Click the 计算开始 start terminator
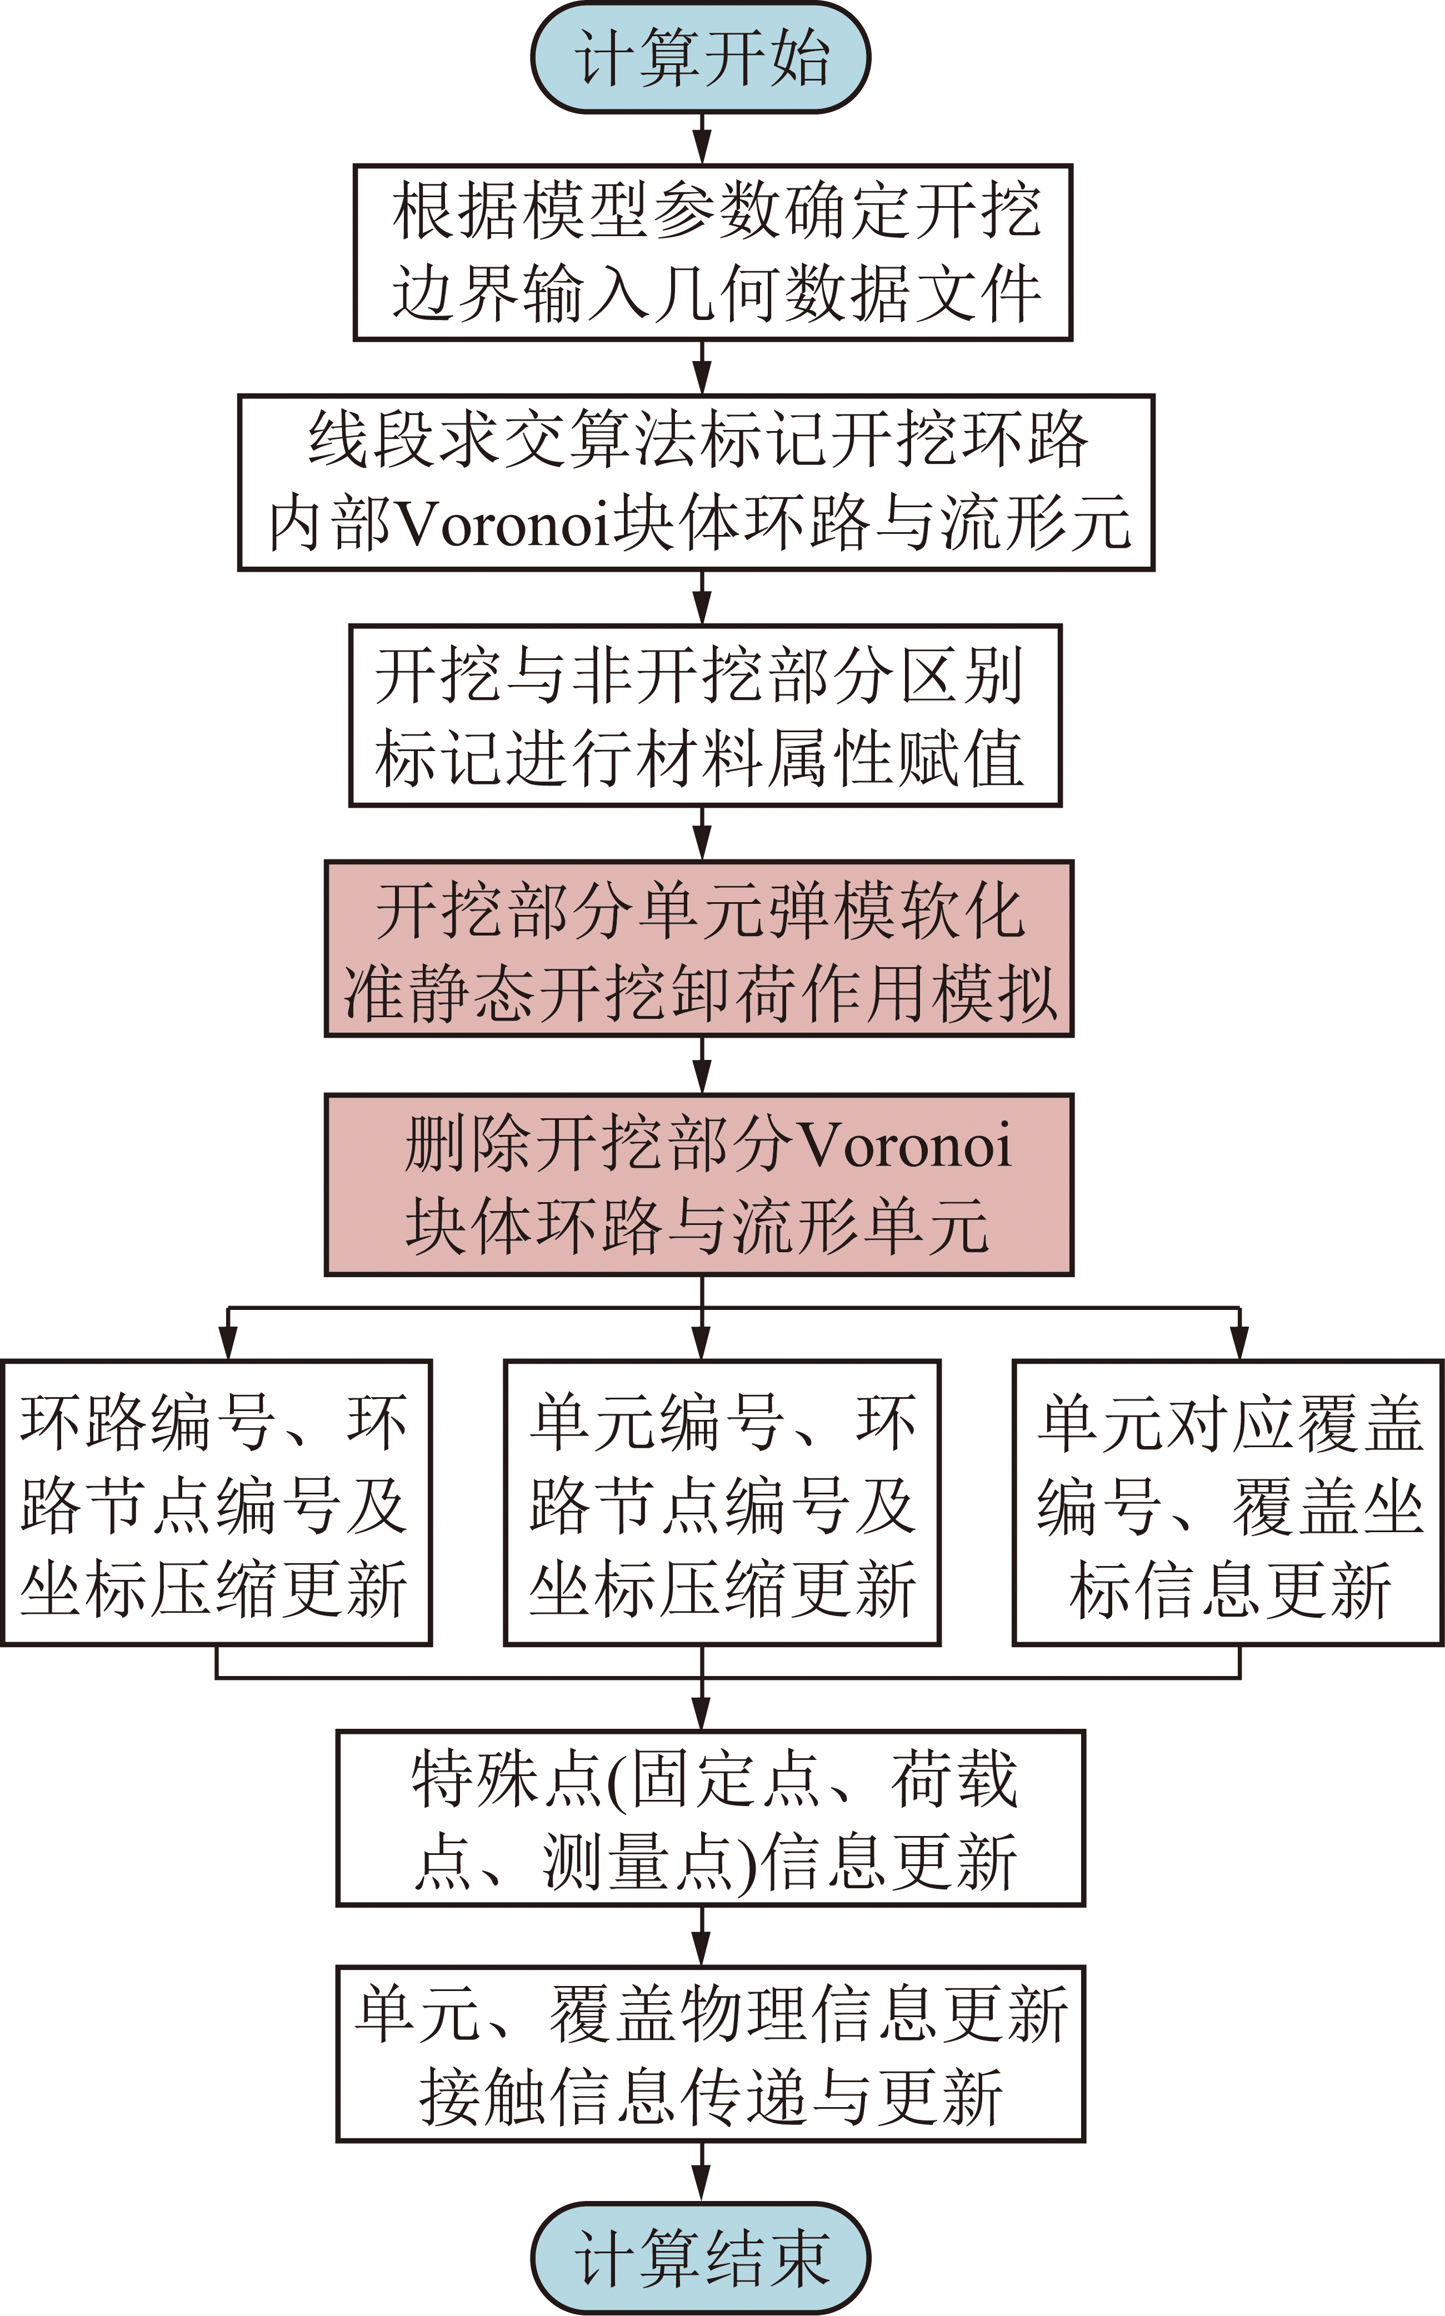[x=701, y=57]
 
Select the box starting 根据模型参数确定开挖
[x=713, y=252]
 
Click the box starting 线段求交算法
[x=697, y=483]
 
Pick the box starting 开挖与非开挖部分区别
[x=706, y=716]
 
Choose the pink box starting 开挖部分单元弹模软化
[x=699, y=949]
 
